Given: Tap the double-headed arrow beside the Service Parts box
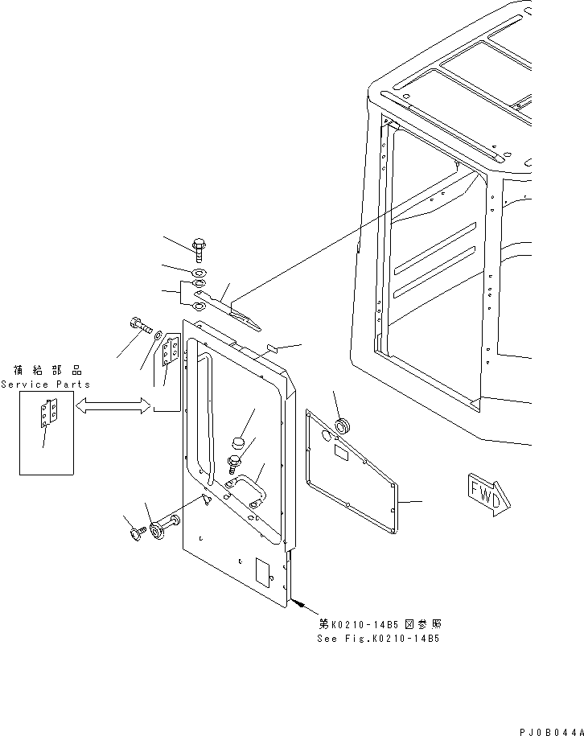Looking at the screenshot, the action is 113,405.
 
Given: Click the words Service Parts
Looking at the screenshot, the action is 46,384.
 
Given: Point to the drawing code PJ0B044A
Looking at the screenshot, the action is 551,732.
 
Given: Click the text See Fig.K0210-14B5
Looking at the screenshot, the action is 378,639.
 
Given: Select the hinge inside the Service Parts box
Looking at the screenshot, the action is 49,413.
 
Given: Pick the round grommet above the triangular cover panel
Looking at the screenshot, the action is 342,426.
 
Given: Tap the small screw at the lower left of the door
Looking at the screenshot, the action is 135,533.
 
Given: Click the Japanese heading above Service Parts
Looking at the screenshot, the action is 47,370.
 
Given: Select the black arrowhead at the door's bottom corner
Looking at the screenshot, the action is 298,603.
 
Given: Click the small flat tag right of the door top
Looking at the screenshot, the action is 273,347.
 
